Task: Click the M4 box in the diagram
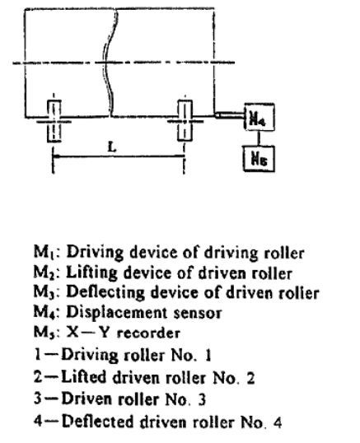259,117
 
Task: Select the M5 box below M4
259,158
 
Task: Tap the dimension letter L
112,147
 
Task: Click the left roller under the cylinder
54,121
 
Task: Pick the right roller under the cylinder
185,120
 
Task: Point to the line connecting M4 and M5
259,138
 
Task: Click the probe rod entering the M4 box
229,115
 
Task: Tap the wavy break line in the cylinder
110,62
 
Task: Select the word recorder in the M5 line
148,333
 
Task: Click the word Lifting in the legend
91,273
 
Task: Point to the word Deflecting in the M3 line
105,292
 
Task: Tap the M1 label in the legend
44,251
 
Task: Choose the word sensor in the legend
197,314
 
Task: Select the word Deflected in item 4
98,422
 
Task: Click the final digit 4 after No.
278,422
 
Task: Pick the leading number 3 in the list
38,399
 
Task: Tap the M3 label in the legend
44,291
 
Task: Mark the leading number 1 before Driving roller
38,354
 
